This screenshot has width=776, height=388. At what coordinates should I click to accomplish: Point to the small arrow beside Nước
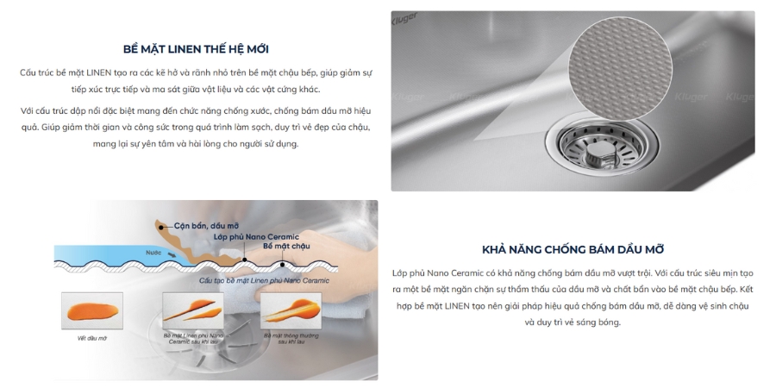tap(172, 256)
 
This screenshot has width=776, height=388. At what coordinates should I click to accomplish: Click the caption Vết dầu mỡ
tap(85, 339)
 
